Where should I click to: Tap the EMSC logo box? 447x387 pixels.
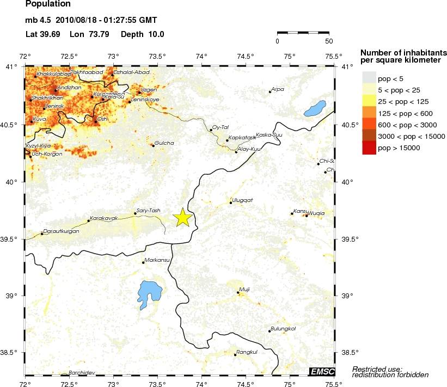click(x=321, y=371)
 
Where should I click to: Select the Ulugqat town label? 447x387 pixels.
click(x=243, y=200)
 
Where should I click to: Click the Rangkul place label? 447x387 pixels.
click(x=247, y=352)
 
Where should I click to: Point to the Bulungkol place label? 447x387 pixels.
click(x=284, y=328)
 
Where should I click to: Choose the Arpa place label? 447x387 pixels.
click(x=278, y=89)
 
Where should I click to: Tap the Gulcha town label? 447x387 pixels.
click(x=164, y=143)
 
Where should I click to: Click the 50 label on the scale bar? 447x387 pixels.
click(x=329, y=41)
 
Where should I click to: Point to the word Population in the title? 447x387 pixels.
click(x=48, y=4)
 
